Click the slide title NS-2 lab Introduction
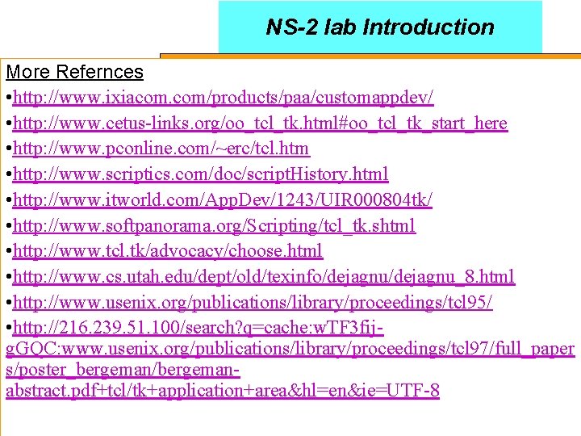379,27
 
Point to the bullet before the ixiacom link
7,98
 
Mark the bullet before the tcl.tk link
7,251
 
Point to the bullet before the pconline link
7,149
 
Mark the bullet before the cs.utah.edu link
7,277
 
